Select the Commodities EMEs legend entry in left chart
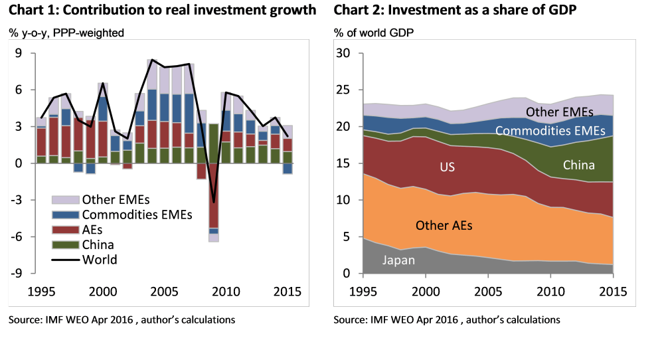136,215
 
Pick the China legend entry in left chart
98,244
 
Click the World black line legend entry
100,260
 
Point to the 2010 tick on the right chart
550,291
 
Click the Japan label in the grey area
398,260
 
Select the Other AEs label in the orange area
444,226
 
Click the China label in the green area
579,165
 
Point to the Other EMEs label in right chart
559,112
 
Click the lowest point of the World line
214,202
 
